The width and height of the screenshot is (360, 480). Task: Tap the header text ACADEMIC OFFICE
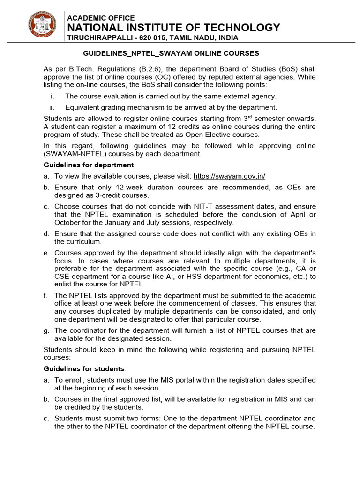point(101,18)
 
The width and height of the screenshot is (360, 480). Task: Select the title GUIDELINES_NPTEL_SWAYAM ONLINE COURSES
point(171,53)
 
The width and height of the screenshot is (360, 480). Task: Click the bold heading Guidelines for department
point(89,165)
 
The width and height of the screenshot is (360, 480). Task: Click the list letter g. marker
point(46,330)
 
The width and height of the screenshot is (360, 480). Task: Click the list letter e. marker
point(46,253)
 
